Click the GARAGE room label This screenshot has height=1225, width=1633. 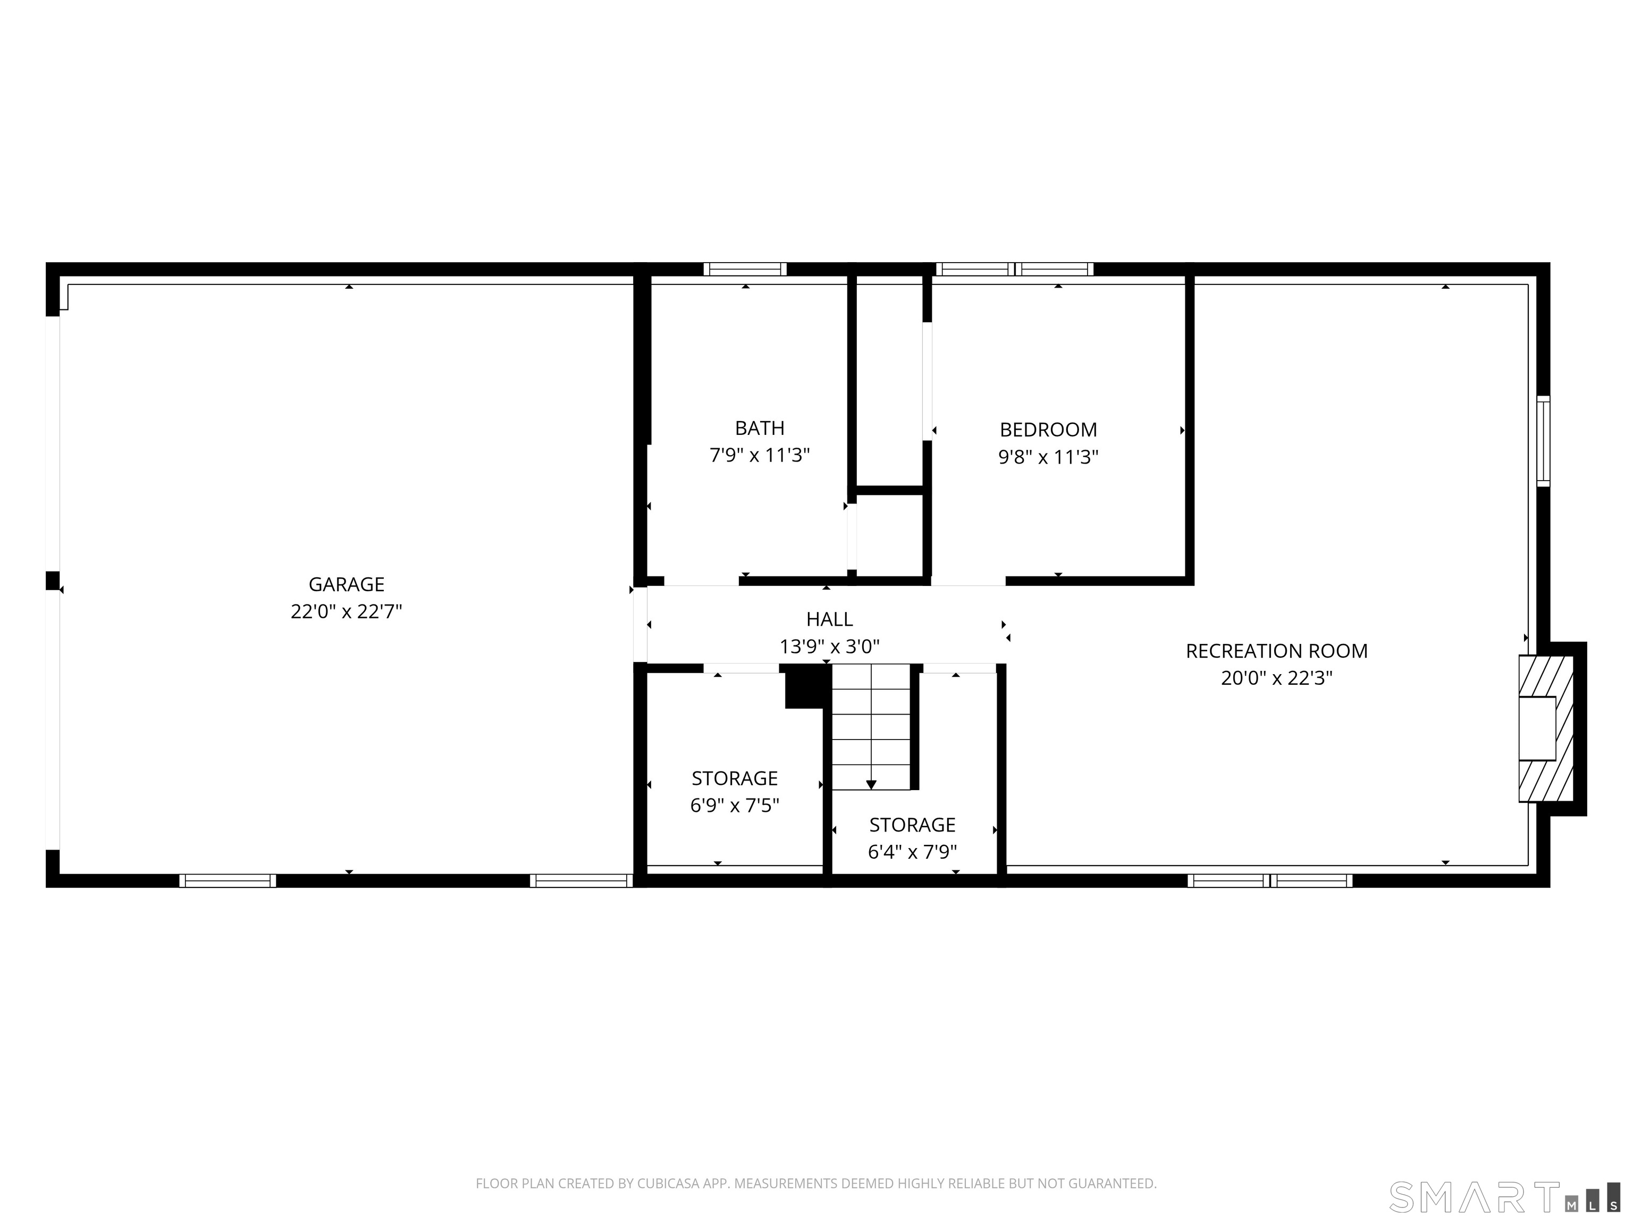pyautogui.click(x=346, y=584)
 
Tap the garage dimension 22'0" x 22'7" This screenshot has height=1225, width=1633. pyautogui.click(x=346, y=611)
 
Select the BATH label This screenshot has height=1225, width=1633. pyautogui.click(x=759, y=427)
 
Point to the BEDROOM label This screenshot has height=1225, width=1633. pyautogui.click(x=1048, y=429)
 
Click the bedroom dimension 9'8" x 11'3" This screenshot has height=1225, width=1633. pyautogui.click(x=1048, y=457)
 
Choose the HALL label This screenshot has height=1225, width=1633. pyautogui.click(x=829, y=619)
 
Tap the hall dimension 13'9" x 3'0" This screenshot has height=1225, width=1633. pyautogui.click(x=829, y=647)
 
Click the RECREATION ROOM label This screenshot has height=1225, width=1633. pyautogui.click(x=1276, y=651)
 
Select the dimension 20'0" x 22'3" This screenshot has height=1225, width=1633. pyautogui.click(x=1276, y=678)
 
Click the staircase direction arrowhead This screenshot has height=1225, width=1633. pyautogui.click(x=871, y=785)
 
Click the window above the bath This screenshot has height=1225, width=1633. pyautogui.click(x=744, y=270)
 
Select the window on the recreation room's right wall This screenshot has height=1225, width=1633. pyautogui.click(x=1543, y=441)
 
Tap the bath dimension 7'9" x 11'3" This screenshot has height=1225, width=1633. pyautogui.click(x=759, y=456)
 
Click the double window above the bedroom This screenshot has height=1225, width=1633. pyautogui.click(x=1014, y=270)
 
